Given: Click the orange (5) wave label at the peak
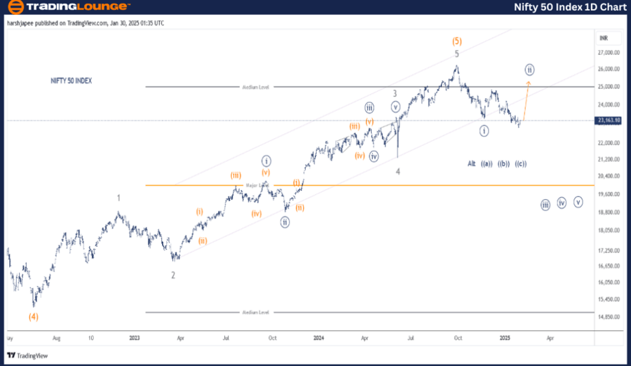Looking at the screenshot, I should point(456,41).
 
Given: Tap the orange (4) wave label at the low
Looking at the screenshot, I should point(33,316).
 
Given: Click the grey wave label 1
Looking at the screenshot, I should point(118,198).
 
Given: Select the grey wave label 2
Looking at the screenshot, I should point(173,275).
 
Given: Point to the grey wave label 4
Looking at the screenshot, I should point(398,171).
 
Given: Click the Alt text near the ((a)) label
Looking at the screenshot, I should point(471,163).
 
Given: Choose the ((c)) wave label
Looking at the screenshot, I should point(520,163).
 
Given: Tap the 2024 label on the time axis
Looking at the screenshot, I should point(318,337).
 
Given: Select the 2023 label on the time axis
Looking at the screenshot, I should point(135,337).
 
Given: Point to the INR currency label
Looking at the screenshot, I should point(603,36).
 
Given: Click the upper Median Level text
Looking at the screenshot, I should point(256,87).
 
